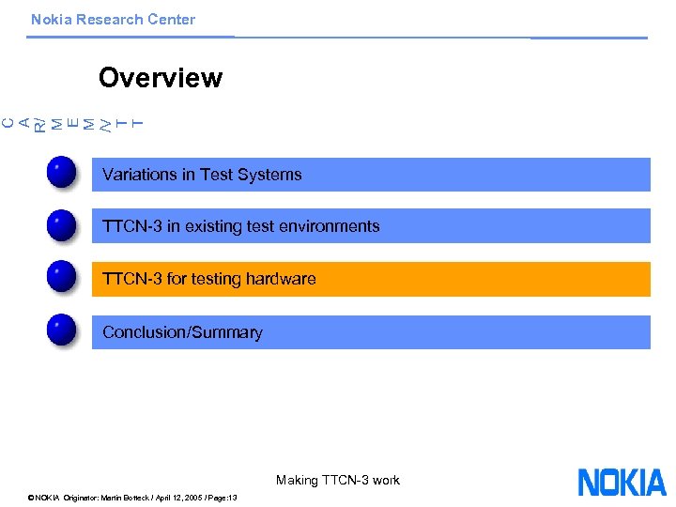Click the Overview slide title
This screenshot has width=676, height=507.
(160, 78)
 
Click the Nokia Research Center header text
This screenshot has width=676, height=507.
(113, 20)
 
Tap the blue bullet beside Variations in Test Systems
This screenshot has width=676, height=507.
(61, 174)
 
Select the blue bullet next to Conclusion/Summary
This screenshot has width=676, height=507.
(61, 331)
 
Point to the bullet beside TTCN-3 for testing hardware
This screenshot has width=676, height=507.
(61, 279)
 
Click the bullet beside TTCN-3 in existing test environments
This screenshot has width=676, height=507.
(61, 226)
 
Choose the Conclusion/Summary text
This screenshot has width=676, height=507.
(182, 332)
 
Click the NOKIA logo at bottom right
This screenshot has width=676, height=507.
(622, 482)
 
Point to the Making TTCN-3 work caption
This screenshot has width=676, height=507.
(337, 480)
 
